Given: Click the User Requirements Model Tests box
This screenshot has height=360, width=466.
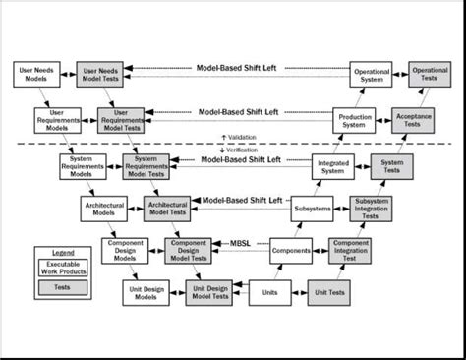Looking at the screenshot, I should (x=120, y=121).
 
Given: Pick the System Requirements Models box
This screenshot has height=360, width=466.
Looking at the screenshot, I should (x=84, y=165).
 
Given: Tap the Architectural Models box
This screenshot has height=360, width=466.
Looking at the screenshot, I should (x=105, y=209).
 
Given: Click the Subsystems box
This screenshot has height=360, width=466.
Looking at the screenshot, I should (x=314, y=209).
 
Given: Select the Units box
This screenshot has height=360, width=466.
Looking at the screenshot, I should (x=269, y=292).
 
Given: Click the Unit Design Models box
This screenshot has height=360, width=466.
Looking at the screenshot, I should (x=144, y=292).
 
